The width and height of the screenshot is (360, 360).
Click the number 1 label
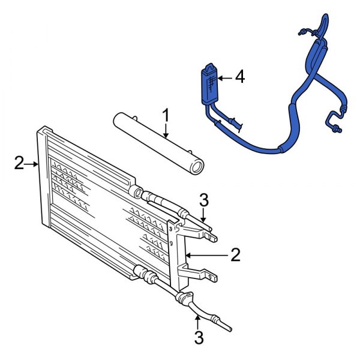[x=167, y=113]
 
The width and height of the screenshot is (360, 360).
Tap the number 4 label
[x=240, y=77]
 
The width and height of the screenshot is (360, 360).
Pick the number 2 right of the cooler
[x=235, y=256]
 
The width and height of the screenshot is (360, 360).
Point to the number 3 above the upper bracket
[x=204, y=199]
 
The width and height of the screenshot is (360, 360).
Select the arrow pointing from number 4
[x=224, y=77]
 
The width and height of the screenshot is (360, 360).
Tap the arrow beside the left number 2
[x=32, y=163]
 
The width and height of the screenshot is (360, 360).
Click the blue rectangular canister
[x=209, y=84]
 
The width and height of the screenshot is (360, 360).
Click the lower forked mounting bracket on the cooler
[x=201, y=275]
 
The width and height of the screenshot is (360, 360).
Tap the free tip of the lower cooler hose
[x=229, y=329]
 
